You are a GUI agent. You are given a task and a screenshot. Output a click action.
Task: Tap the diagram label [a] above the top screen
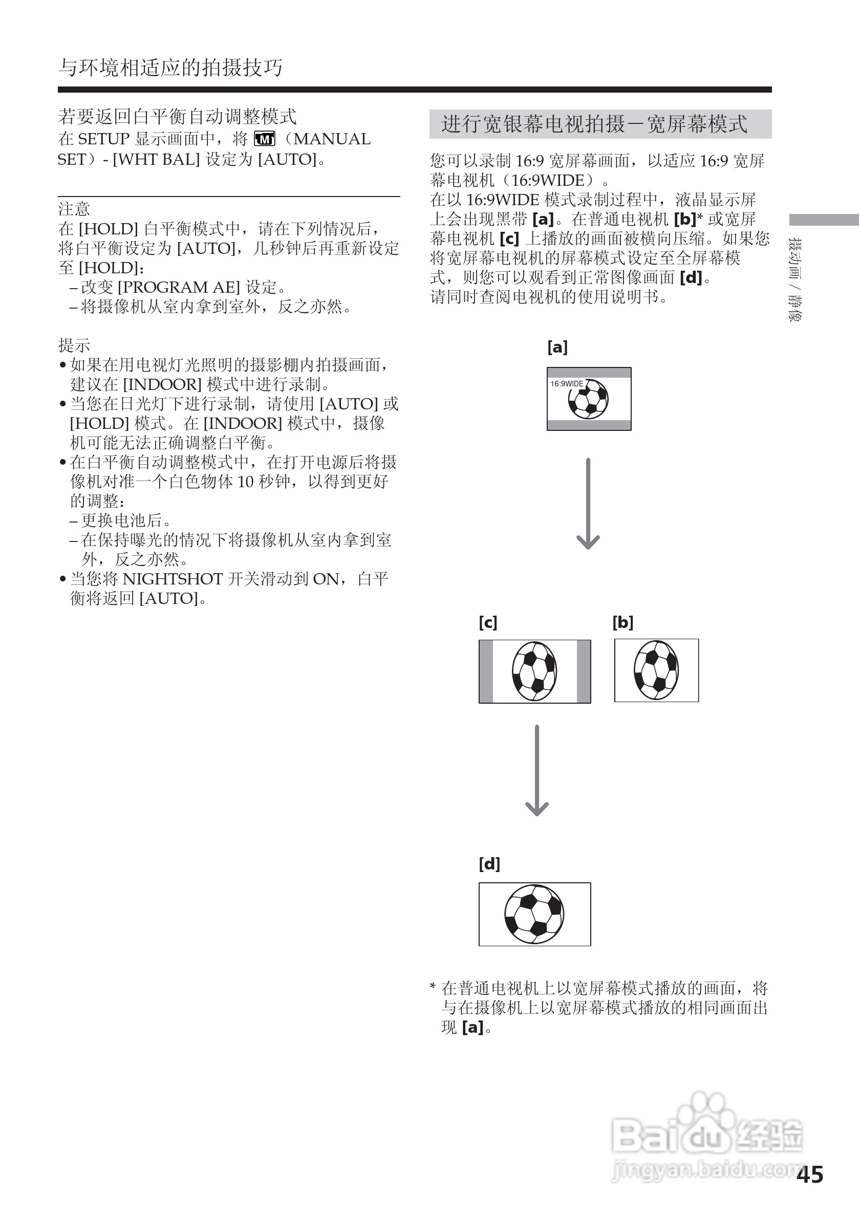pyautogui.click(x=557, y=347)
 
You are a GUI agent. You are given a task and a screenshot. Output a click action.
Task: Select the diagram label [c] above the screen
pyautogui.click(x=487, y=622)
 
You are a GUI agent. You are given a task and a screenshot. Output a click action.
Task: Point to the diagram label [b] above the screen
pyautogui.click(x=623, y=622)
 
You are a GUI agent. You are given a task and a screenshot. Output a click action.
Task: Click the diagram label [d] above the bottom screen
pyautogui.click(x=489, y=864)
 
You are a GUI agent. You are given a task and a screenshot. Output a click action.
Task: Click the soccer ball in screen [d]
pyautogui.click(x=534, y=914)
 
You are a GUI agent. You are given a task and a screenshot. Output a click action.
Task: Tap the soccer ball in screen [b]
pyautogui.click(x=656, y=670)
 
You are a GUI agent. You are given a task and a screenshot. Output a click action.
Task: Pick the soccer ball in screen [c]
pyautogui.click(x=534, y=671)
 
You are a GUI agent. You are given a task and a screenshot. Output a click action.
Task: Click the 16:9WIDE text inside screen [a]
pyautogui.click(x=567, y=383)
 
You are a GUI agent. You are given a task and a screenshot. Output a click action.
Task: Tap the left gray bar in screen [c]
pyautogui.click(x=486, y=671)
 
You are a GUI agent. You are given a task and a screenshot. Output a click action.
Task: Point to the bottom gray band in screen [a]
pyautogui.click(x=589, y=425)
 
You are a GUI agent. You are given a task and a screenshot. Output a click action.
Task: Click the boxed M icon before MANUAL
pyautogui.click(x=265, y=139)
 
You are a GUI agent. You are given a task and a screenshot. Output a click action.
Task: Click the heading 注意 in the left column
pyautogui.click(x=74, y=209)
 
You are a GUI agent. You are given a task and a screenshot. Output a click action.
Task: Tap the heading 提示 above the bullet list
pyautogui.click(x=74, y=345)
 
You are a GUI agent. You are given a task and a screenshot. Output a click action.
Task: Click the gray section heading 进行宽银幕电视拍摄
pyautogui.click(x=594, y=124)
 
